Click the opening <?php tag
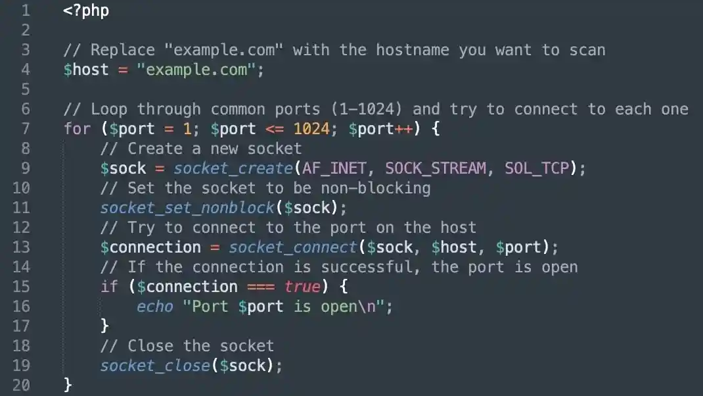coord(86,11)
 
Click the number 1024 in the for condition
coord(311,129)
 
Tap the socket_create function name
coord(233,168)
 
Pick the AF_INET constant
coord(338,168)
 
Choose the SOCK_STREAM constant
coord(436,168)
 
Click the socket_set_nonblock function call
coord(187,208)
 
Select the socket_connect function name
coord(292,247)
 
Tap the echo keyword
coord(154,307)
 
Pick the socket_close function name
coord(155,366)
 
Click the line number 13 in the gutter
coord(22,247)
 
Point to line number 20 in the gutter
coord(22,385)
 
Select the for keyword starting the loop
coord(77,129)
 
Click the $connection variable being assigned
coord(150,247)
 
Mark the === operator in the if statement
coord(261,287)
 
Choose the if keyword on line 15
coord(109,287)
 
